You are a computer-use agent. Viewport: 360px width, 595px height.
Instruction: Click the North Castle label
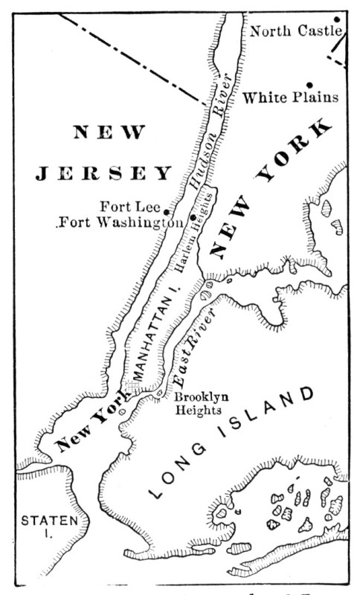pyautogui.click(x=295, y=31)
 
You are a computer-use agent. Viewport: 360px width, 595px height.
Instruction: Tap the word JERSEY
pyautogui.click(x=104, y=173)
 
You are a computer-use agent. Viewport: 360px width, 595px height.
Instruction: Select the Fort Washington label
pyautogui.click(x=120, y=222)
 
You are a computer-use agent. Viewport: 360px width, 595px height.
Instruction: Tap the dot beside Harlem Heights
pyautogui.click(x=193, y=216)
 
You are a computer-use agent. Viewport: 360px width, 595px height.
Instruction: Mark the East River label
pyautogui.click(x=193, y=350)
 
